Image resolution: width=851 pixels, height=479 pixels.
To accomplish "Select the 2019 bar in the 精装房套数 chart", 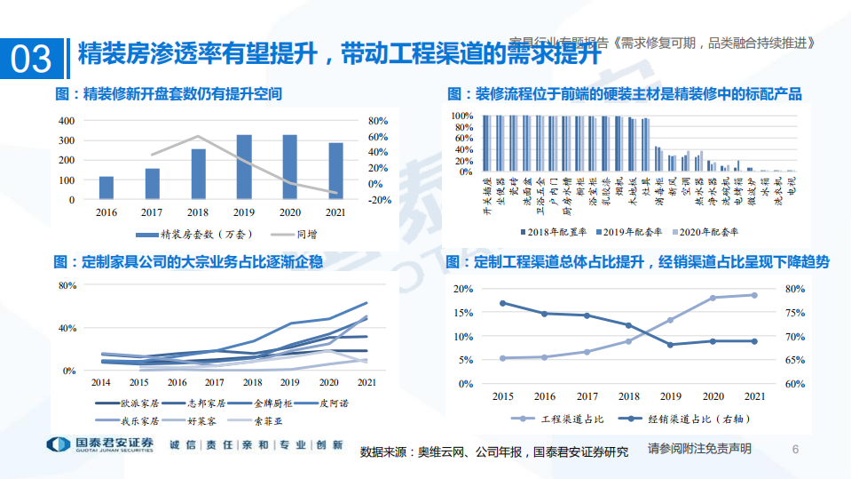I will click(243, 167).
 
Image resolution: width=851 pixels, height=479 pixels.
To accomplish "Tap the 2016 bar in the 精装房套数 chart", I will click(106, 188).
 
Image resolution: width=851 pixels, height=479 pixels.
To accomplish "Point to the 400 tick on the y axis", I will click(66, 120).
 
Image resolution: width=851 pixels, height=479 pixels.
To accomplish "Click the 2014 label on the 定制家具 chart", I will click(101, 382).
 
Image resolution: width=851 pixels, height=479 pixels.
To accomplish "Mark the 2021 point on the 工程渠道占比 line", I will click(754, 295).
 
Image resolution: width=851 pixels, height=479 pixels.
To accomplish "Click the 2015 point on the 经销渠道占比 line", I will click(503, 303).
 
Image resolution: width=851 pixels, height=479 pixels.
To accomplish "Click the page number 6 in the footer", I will click(795, 449).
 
